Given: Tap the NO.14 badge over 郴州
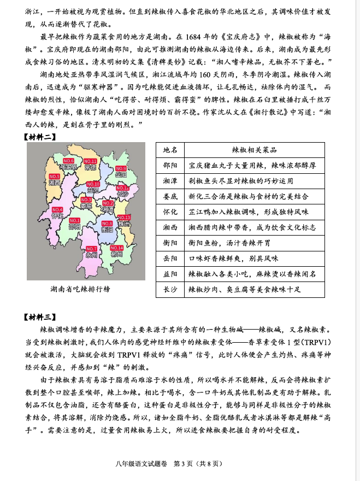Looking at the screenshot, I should tap(117, 248).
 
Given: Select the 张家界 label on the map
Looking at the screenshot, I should tap(68, 167).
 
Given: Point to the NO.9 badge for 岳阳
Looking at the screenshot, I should tap(121, 168).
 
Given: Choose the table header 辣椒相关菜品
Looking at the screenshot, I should tap(255, 150).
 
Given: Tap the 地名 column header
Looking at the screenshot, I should tap(170, 150).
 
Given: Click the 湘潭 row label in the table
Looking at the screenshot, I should tap(170, 180).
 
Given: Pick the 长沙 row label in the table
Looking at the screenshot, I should tap(170, 289).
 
